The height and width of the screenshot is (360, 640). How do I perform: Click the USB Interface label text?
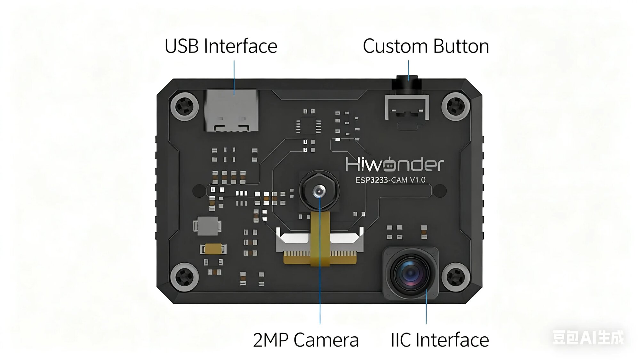(221, 46)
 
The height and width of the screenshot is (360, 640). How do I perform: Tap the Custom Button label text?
(426, 46)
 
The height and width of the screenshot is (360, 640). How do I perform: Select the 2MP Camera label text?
(306, 340)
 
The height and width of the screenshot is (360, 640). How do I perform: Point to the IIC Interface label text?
(440, 340)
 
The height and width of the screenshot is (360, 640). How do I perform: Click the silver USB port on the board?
(231, 110)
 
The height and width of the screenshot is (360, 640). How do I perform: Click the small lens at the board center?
(319, 191)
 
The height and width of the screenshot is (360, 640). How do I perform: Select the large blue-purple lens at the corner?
(411, 274)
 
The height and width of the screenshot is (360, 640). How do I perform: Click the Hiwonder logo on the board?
(394, 164)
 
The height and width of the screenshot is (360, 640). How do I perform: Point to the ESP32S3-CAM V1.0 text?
(390, 180)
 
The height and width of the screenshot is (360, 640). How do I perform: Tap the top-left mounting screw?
(185, 106)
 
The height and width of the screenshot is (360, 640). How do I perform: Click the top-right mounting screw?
(456, 106)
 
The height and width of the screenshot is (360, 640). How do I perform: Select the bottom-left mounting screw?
(185, 277)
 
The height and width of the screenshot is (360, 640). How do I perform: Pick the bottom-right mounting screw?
(456, 277)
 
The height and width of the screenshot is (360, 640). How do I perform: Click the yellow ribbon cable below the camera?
(320, 238)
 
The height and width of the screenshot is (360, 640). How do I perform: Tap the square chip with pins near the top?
(308, 126)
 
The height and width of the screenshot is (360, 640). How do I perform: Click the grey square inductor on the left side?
(207, 226)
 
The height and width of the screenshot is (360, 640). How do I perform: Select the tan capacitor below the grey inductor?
(213, 249)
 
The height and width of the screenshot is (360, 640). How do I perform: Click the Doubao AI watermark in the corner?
(588, 337)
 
